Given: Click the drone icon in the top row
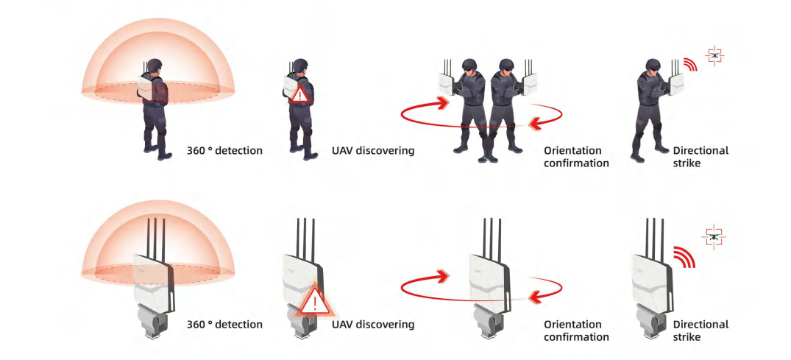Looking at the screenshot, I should tap(712, 56).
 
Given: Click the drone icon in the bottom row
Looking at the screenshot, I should tap(712, 237).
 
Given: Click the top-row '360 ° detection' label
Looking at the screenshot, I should tap(224, 151).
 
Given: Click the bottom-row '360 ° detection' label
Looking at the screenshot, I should tap(224, 325).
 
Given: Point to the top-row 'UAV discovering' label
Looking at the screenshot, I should tap(373, 151).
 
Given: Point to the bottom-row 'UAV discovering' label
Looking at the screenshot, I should tap(373, 325).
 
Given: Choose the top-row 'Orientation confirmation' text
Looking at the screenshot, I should tap(576, 157).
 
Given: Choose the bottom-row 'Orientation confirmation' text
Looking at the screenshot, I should tap(576, 331).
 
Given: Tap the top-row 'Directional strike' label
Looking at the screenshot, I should tap(700, 157).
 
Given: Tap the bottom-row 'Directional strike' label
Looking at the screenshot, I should tap(700, 331).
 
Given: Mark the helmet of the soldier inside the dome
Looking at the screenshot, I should tap(155, 66).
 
